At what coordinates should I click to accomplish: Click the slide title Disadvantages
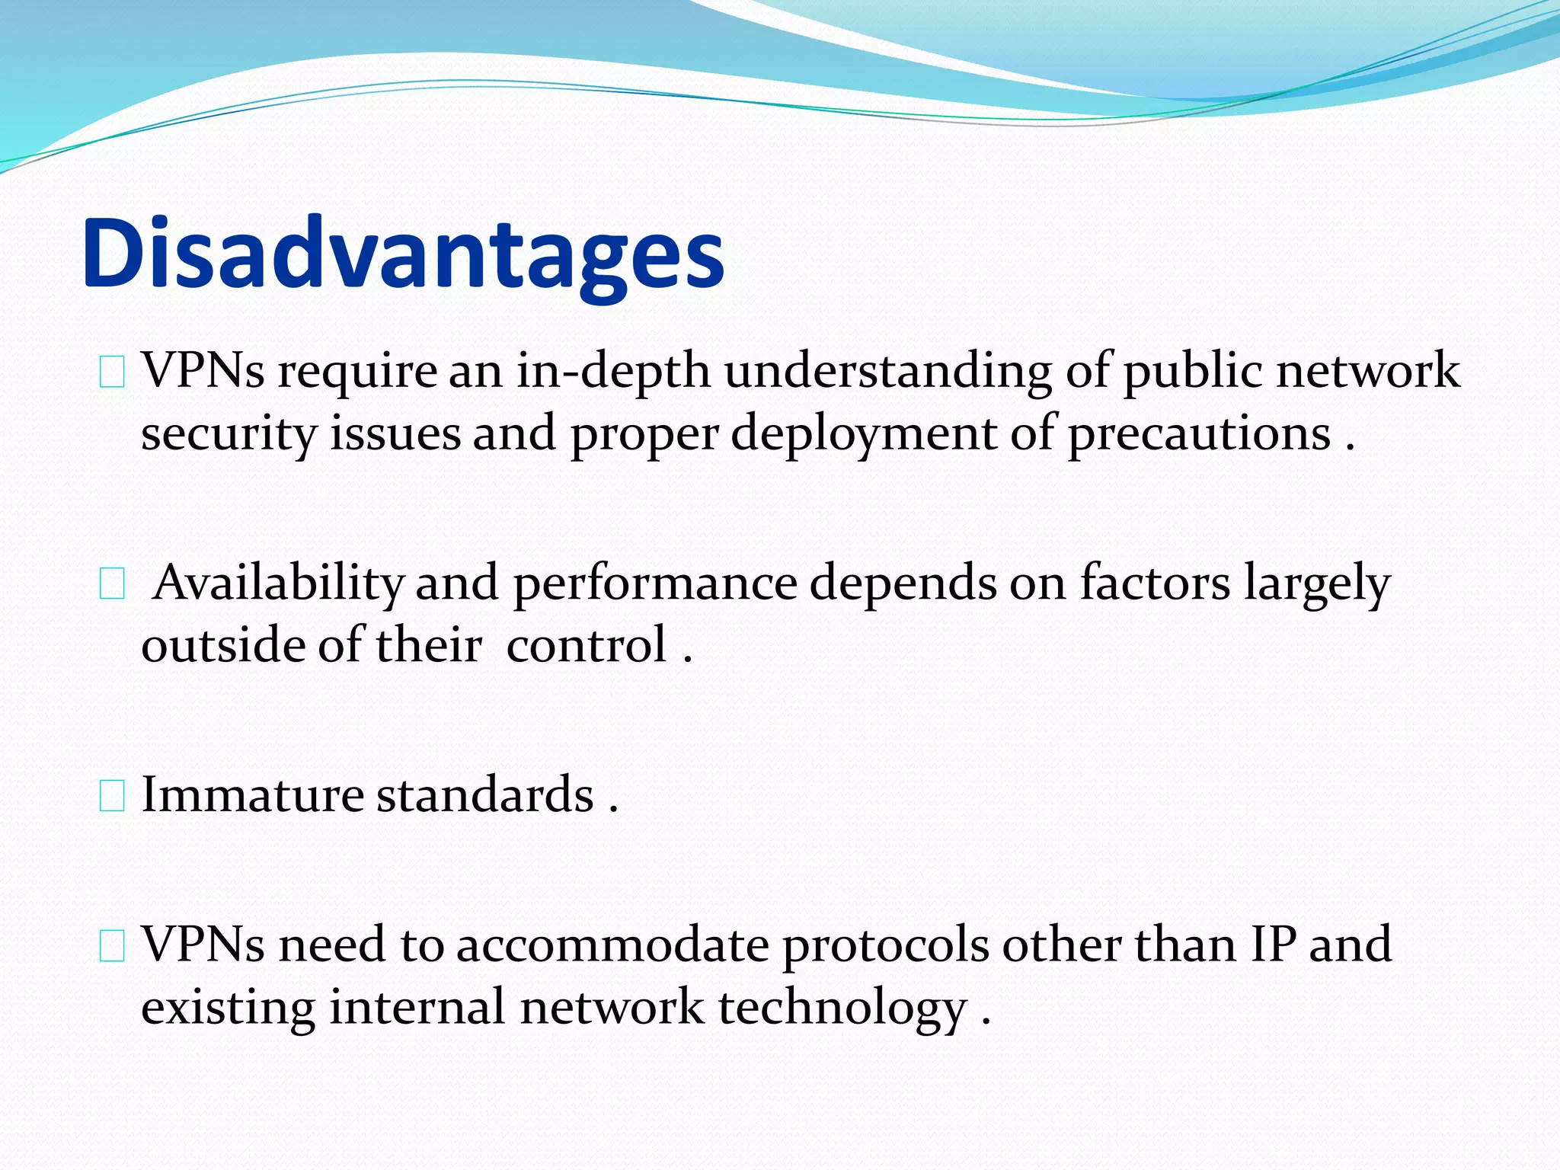[403, 253]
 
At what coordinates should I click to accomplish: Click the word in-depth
[613, 371]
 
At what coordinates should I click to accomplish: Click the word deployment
[864, 435]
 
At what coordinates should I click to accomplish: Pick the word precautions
[1199, 435]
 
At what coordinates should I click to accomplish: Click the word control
[587, 645]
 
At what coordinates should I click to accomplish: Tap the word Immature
[253, 794]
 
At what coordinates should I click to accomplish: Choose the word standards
[485, 794]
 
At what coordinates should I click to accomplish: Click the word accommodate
[613, 945]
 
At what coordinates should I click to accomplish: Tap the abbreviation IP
[1273, 945]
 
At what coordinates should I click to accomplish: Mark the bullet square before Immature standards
[112, 797]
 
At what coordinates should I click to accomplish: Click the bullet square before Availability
[112, 585]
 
